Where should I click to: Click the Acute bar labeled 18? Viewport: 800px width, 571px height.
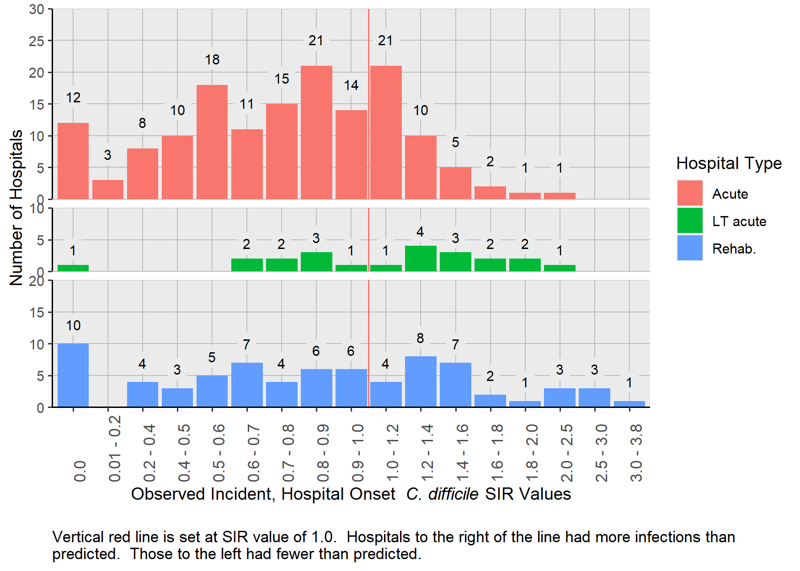(212, 142)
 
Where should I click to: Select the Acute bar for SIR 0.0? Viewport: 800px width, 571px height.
(73, 161)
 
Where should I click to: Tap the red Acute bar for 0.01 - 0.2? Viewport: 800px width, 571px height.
(108, 190)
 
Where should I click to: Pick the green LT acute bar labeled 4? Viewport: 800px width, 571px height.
(421, 259)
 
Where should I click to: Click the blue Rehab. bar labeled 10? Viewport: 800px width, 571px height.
(73, 375)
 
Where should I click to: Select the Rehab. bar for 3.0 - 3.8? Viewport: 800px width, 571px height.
(629, 404)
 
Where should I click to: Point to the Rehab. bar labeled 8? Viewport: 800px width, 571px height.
(421, 381)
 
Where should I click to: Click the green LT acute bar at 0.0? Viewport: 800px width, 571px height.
(73, 268)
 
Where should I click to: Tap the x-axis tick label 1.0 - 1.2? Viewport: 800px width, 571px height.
(392, 452)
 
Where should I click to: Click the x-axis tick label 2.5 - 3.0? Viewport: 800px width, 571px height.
(601, 452)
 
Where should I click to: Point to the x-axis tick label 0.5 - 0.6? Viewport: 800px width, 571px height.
(219, 452)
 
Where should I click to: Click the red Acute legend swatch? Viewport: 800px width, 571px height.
(689, 193)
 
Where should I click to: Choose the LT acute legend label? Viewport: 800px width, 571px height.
(739, 222)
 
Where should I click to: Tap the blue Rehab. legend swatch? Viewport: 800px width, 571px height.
(689, 248)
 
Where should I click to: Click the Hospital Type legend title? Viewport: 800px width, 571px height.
(729, 164)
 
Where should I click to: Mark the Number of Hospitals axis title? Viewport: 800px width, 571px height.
(16, 208)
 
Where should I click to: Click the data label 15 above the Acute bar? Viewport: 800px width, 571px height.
(282, 79)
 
